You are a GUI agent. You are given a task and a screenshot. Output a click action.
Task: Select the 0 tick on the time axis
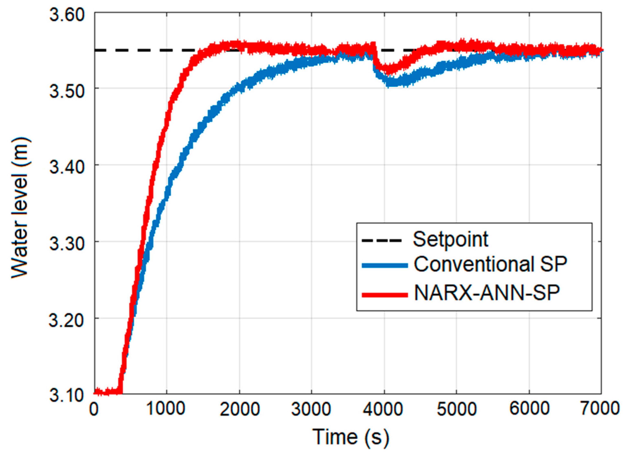pos(94,409)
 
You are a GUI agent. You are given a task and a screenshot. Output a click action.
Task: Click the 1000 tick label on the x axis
pos(166,409)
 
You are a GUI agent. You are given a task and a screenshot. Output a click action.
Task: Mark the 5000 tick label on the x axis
pos(457,409)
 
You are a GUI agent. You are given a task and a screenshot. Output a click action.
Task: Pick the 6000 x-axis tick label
pos(529,409)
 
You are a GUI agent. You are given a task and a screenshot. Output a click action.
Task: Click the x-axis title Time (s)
pos(351,437)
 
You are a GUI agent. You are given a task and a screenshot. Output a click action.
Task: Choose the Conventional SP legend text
pos(490,264)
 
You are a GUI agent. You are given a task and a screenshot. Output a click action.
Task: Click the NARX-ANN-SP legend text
pos(487,293)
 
